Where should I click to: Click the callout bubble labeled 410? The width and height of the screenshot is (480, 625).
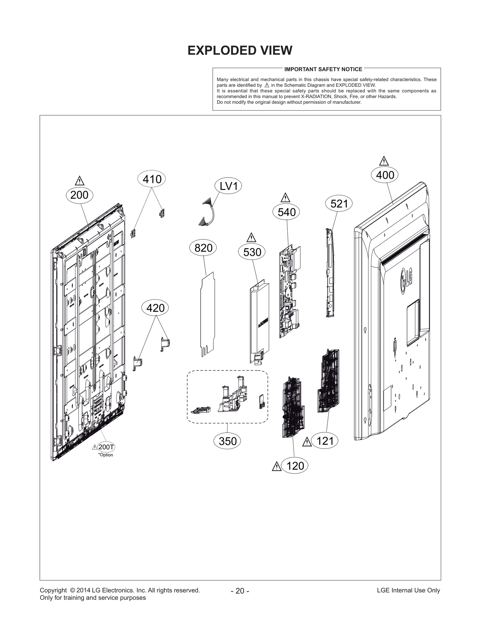152,179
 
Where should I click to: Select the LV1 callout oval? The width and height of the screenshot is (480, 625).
229,186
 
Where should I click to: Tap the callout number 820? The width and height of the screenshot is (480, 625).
203,248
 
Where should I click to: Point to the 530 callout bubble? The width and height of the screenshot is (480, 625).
252,252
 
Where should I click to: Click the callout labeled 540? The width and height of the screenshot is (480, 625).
286,212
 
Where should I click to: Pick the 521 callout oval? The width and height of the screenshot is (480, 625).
339,204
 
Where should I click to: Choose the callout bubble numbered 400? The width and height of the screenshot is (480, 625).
385,175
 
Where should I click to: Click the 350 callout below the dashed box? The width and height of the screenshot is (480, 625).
227,441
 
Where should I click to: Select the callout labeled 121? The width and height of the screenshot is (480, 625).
325,441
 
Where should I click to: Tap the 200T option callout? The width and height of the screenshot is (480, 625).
106,447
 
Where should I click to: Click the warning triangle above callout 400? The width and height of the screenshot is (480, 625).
384,161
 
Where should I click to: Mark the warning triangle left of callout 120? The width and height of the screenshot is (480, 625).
277,467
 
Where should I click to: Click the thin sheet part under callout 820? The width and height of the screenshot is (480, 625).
208,314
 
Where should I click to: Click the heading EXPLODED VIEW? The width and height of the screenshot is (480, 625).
240,50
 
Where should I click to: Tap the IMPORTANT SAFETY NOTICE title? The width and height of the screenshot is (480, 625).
323,69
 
